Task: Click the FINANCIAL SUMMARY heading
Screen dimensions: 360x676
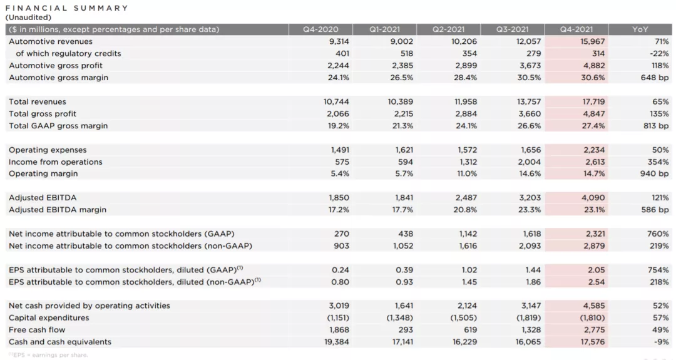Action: (67, 8)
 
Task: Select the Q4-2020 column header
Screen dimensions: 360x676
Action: (320, 29)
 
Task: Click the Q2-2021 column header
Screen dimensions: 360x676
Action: (448, 29)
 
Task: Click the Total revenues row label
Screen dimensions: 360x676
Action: (38, 101)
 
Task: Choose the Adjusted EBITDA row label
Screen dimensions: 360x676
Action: (43, 198)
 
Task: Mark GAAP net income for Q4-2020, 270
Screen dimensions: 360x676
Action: (342, 234)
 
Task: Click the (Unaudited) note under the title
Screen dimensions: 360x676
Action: (28, 18)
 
